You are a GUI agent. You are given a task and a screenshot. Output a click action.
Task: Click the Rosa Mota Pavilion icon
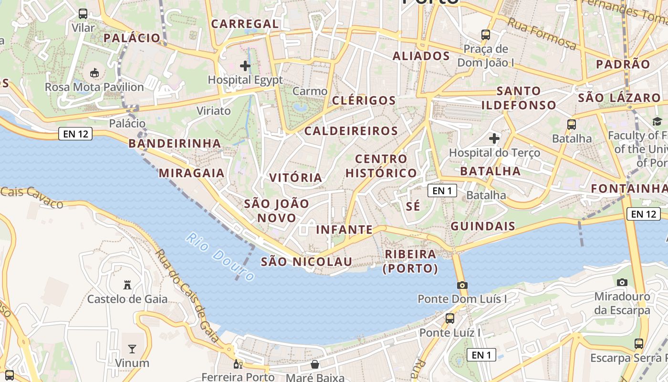click(94, 73)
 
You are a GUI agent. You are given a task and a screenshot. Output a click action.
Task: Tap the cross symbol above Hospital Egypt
click(245, 65)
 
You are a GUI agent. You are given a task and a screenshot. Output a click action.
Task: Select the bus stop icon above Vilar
click(83, 13)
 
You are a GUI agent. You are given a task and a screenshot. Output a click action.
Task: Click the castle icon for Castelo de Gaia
click(127, 285)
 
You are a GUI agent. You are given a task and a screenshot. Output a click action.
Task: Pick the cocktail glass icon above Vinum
click(132, 349)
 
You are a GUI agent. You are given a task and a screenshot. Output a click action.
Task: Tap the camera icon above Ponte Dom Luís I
click(462, 285)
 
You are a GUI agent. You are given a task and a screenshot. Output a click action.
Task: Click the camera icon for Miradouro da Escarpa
click(622, 282)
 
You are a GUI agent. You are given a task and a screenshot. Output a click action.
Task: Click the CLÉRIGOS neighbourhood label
click(364, 101)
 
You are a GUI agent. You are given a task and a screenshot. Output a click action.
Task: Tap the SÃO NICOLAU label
click(306, 262)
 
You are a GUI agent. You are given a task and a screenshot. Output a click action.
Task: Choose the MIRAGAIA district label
click(192, 173)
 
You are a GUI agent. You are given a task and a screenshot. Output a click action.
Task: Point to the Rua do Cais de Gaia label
click(189, 297)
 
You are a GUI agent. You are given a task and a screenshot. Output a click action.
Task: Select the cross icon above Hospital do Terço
click(494, 139)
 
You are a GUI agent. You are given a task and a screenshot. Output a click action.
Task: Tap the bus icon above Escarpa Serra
click(638, 343)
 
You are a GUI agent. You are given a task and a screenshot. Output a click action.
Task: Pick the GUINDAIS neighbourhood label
click(483, 226)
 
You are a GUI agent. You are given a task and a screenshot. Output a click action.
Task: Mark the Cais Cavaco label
click(31, 197)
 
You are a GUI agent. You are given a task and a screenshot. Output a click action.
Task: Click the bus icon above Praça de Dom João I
click(486, 34)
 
